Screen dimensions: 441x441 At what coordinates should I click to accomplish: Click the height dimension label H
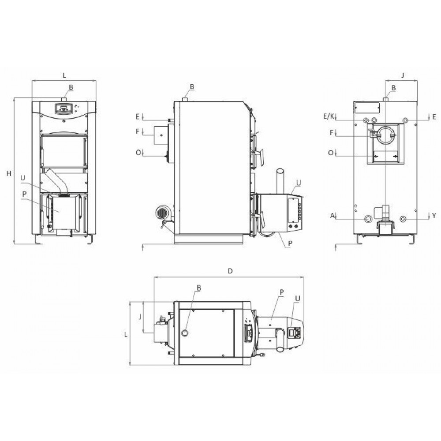pos(8,174)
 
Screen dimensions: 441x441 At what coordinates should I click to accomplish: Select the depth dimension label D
pos(229,270)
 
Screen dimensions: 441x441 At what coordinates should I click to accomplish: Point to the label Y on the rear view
pos(434,215)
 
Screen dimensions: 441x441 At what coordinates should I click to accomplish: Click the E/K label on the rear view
pos(329,116)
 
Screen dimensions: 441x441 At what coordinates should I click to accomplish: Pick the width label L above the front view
pos(64,75)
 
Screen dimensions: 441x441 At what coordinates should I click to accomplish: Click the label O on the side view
pos(138,153)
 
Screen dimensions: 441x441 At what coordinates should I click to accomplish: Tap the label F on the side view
pos(138,131)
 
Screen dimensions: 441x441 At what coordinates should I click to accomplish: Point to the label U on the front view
pos(22,178)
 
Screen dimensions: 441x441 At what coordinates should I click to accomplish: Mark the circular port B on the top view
pos(187,332)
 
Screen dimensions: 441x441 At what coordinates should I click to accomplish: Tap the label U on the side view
pos(299,182)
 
